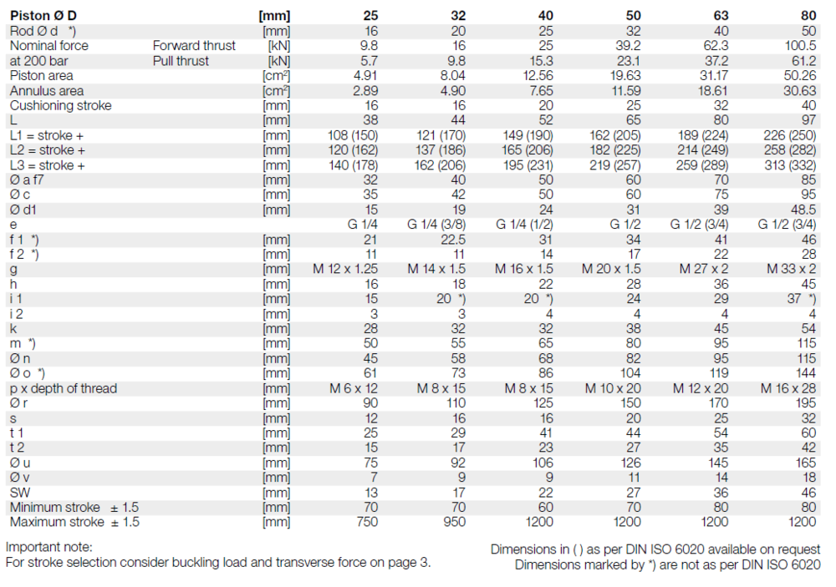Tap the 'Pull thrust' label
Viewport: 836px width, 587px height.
181,61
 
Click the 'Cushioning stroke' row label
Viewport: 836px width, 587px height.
60,106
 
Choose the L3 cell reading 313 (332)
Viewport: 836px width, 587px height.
790,165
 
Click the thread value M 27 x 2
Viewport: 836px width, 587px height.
701,270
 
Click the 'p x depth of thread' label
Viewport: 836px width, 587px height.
64,388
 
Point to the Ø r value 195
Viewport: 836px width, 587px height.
806,403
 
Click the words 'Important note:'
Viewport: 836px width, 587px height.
49,548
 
